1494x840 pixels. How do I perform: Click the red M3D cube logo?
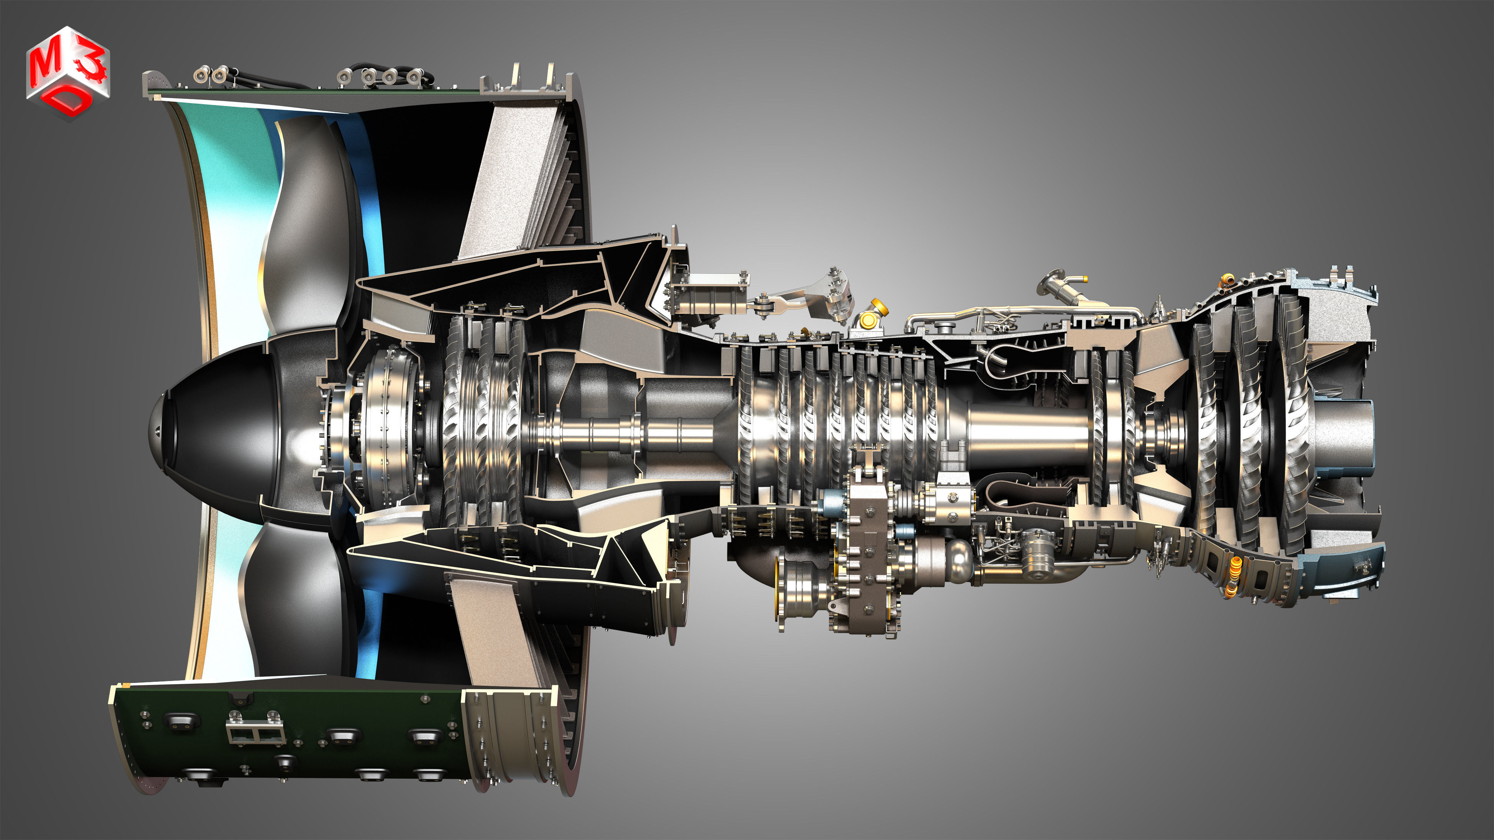[x=67, y=72]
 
